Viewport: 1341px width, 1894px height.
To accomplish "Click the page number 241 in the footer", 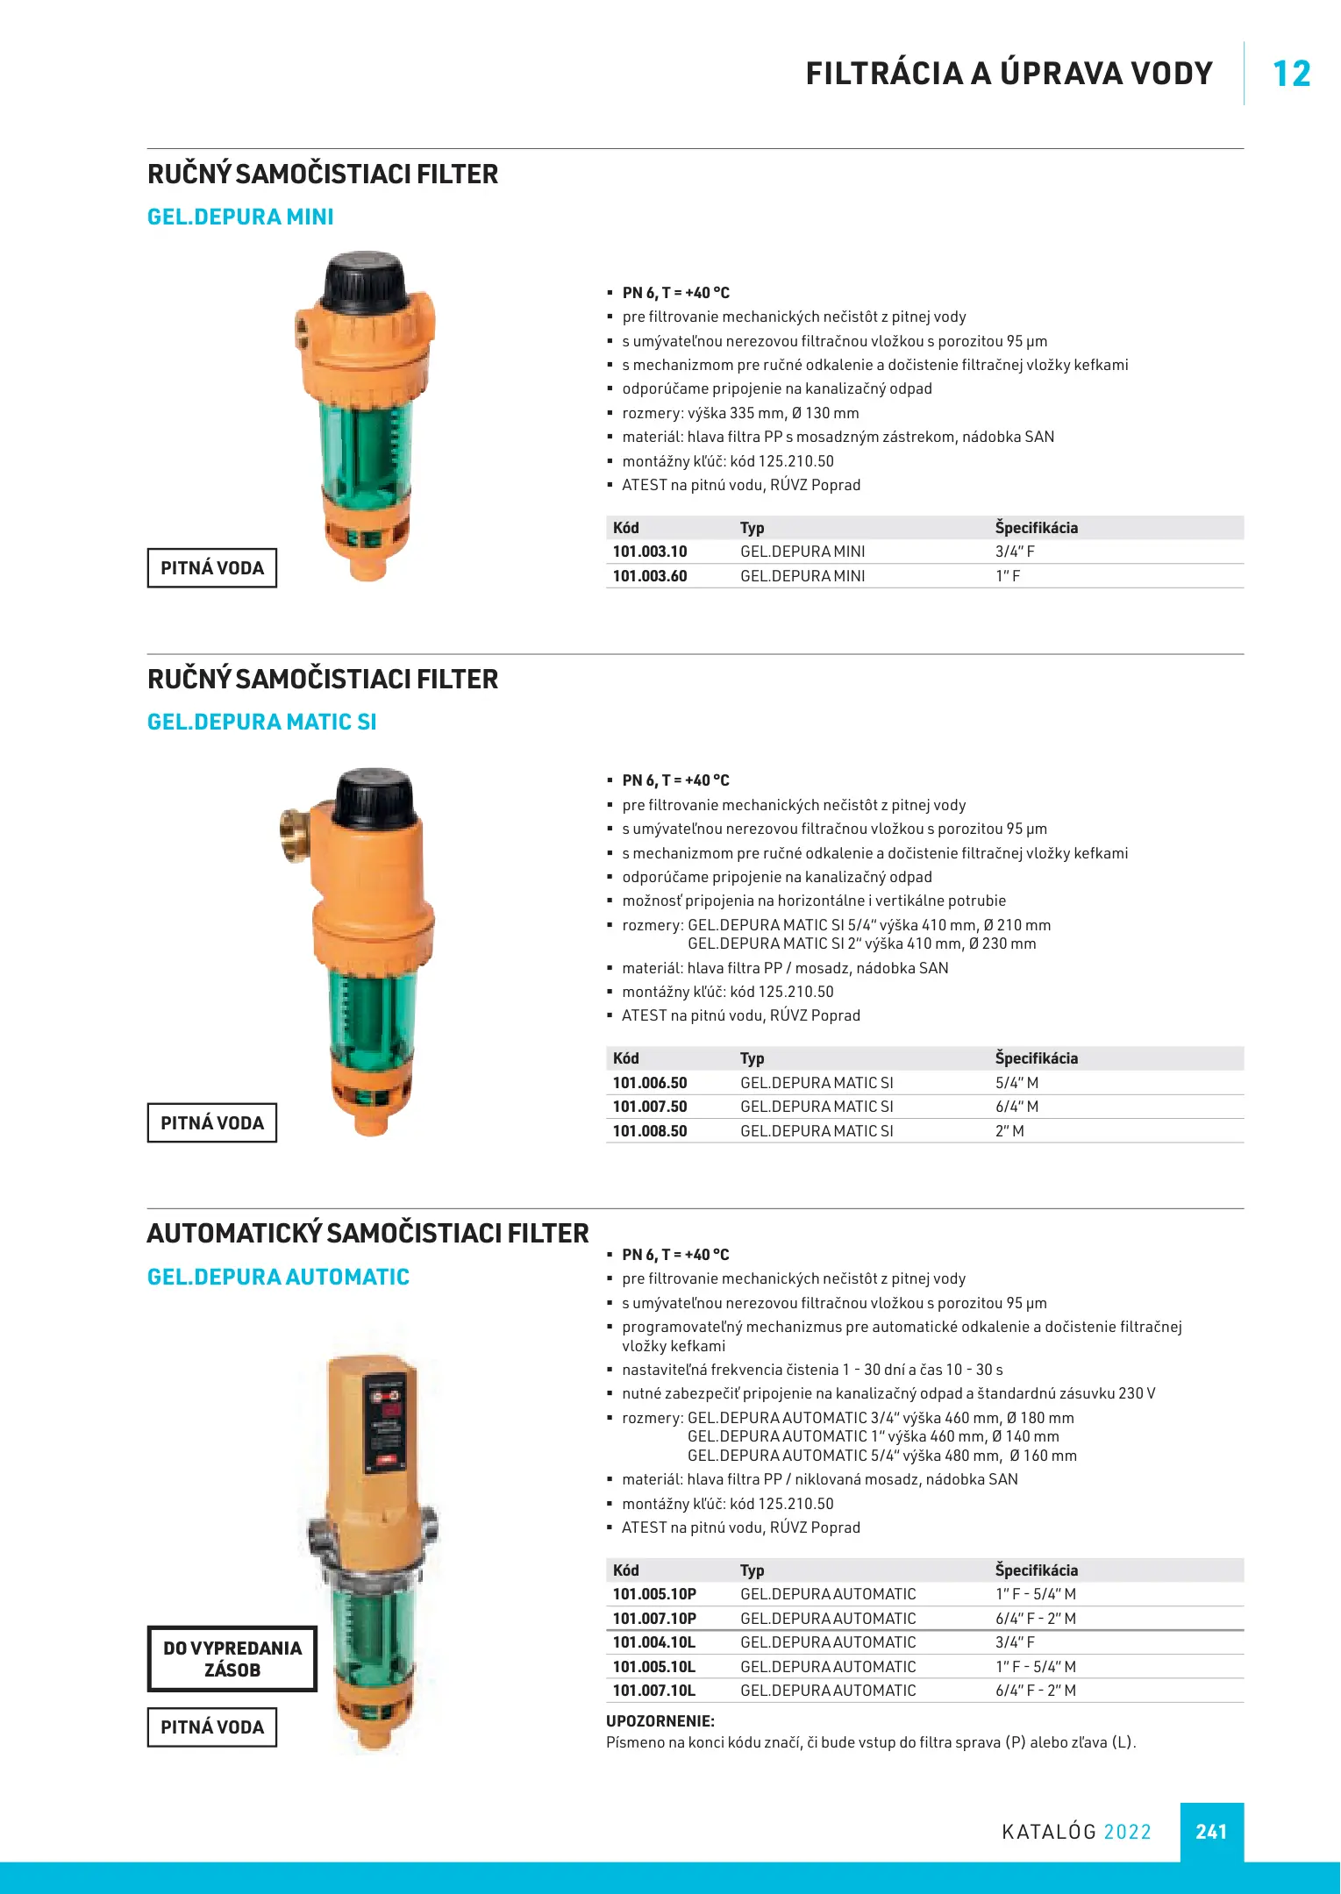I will point(1210,1831).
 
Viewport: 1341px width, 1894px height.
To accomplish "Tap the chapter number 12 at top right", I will point(1291,74).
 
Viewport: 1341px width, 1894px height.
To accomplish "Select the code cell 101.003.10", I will point(650,552).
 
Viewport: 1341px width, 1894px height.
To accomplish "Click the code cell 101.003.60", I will point(650,576).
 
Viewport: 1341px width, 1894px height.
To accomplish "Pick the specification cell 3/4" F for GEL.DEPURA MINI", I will point(1015,552).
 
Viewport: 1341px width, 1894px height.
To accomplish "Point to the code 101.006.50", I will point(650,1083).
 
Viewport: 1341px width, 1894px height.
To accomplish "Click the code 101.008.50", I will point(650,1131).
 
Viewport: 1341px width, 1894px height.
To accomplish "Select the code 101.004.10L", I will point(654,1642).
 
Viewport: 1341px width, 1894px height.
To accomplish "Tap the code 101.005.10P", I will point(654,1594).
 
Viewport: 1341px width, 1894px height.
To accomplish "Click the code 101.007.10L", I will point(654,1691).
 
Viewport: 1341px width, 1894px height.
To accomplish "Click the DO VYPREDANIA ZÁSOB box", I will point(232,1659).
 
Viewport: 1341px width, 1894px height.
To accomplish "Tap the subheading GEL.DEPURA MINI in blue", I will point(240,217).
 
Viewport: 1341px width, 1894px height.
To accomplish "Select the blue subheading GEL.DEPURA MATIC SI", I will point(261,722).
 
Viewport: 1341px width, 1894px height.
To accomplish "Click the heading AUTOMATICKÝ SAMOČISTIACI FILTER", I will point(367,1234).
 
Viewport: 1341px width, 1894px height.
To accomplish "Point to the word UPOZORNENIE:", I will point(660,1721).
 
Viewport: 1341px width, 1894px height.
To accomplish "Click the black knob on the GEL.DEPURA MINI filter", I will point(365,279).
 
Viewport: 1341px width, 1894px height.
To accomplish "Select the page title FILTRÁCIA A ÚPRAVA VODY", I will point(1009,74).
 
